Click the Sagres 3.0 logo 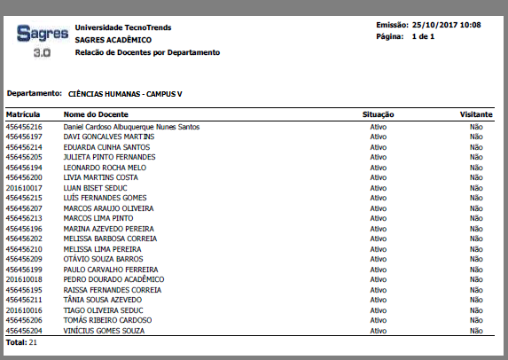42,41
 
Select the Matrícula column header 24,115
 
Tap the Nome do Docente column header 97,115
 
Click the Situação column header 379,115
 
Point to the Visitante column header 476,115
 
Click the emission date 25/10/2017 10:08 447,25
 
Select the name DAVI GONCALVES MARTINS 109,137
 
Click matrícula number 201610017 24,188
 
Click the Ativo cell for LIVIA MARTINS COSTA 379,177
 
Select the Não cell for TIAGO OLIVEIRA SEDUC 476,310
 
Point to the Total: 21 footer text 21,341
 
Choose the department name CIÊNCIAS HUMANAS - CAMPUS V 130,92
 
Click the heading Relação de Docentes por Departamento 147,52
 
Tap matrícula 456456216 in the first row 24,127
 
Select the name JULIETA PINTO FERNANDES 109,157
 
